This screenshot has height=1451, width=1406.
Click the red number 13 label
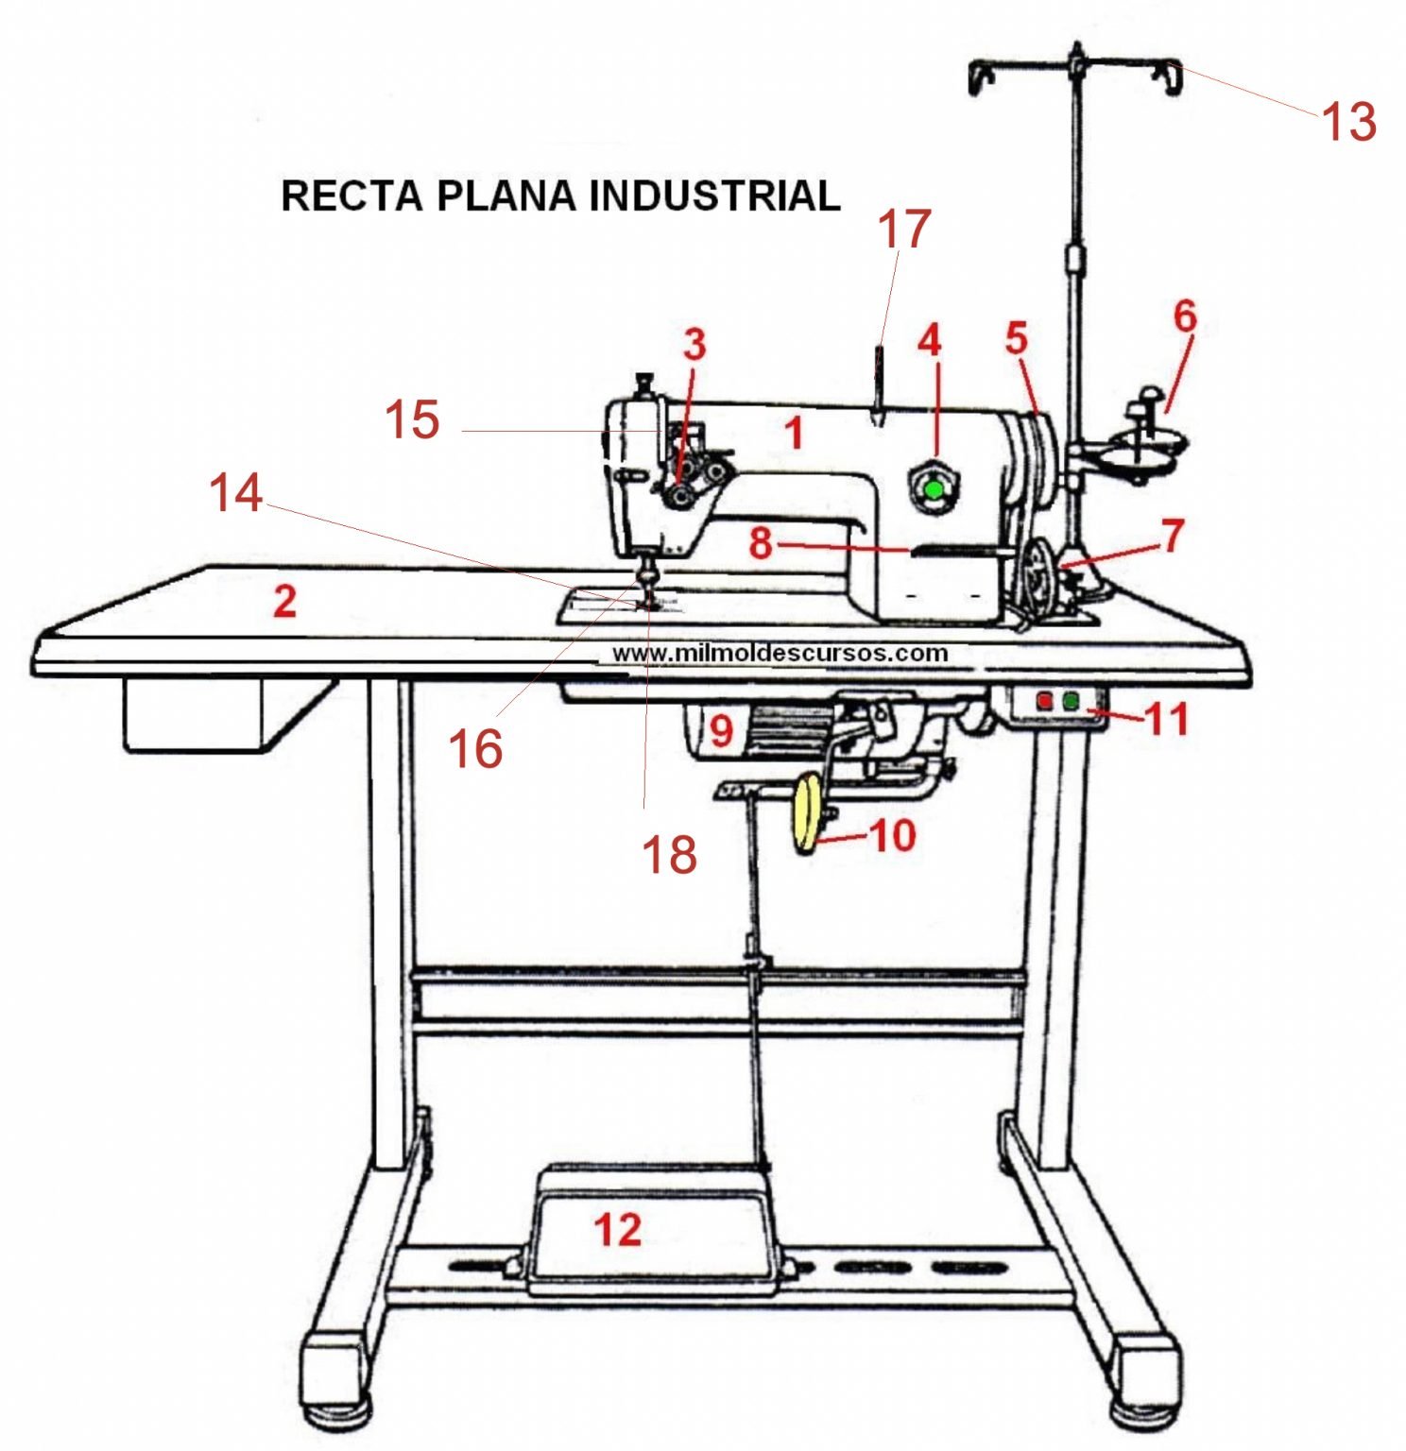(x=1348, y=122)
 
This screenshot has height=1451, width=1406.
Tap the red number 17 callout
(x=904, y=230)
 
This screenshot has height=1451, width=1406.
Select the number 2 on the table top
(x=284, y=602)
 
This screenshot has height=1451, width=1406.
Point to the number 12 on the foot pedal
(x=618, y=1229)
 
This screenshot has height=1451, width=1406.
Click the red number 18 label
(x=669, y=855)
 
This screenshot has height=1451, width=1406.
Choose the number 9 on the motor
(x=721, y=730)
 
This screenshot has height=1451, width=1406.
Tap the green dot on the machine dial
(x=934, y=489)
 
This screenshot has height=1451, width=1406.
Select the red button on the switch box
(x=1044, y=702)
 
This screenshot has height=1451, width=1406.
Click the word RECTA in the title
(x=351, y=196)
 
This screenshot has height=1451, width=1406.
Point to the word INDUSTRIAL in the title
(x=714, y=196)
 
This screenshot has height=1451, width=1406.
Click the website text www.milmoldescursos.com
(x=780, y=653)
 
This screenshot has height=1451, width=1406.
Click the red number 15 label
(x=412, y=419)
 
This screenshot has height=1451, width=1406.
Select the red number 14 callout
(x=235, y=493)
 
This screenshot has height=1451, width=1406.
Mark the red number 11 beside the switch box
(x=1166, y=719)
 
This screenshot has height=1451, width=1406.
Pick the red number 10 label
(x=892, y=835)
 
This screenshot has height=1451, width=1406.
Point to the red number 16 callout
(x=475, y=750)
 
